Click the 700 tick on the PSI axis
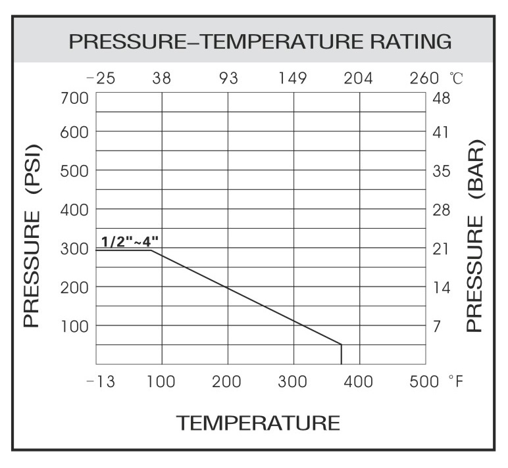coord(74,99)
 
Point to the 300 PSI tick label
coord(74,249)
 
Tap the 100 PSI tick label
coord(74,326)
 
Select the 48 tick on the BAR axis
coord(441,99)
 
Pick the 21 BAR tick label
coord(440,249)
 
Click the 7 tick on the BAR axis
coord(437,326)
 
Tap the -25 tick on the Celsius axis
coord(101,79)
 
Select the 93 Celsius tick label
coord(228,79)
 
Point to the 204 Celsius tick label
coord(359,79)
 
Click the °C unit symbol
coord(456,79)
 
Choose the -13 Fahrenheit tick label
coord(101,382)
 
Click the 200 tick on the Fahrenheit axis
coord(228,382)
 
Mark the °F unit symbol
coord(456,382)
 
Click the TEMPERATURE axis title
coord(258,423)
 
